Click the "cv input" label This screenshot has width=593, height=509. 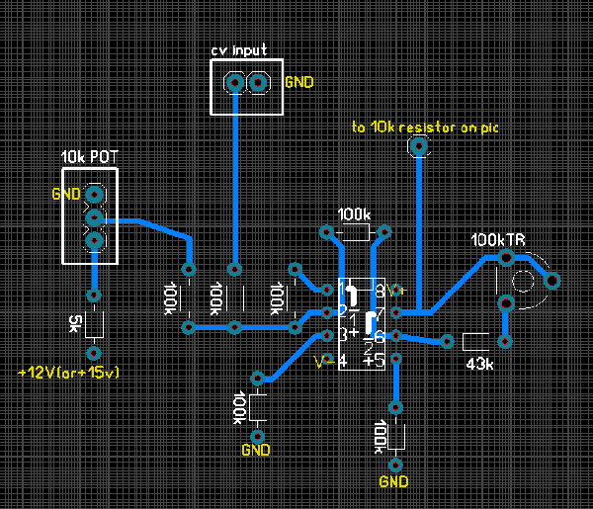point(238,50)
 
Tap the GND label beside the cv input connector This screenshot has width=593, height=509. point(298,83)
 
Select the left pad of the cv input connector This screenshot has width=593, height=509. point(234,83)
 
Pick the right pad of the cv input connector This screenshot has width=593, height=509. point(258,83)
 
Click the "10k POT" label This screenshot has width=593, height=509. point(89,157)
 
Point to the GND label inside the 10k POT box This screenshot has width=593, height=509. point(65,195)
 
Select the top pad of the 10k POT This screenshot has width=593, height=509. point(94,195)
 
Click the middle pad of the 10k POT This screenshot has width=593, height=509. point(94,216)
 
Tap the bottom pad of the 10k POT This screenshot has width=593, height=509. point(94,240)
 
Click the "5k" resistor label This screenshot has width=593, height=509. point(76,323)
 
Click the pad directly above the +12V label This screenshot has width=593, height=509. point(93,353)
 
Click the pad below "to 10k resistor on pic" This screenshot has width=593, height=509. point(419,148)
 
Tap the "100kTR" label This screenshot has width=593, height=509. point(498,240)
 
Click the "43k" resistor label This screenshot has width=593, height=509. point(479,364)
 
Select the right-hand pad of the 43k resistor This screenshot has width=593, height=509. point(506,342)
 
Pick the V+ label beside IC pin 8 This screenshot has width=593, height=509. point(396,290)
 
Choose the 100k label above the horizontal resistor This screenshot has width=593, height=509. point(354,214)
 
